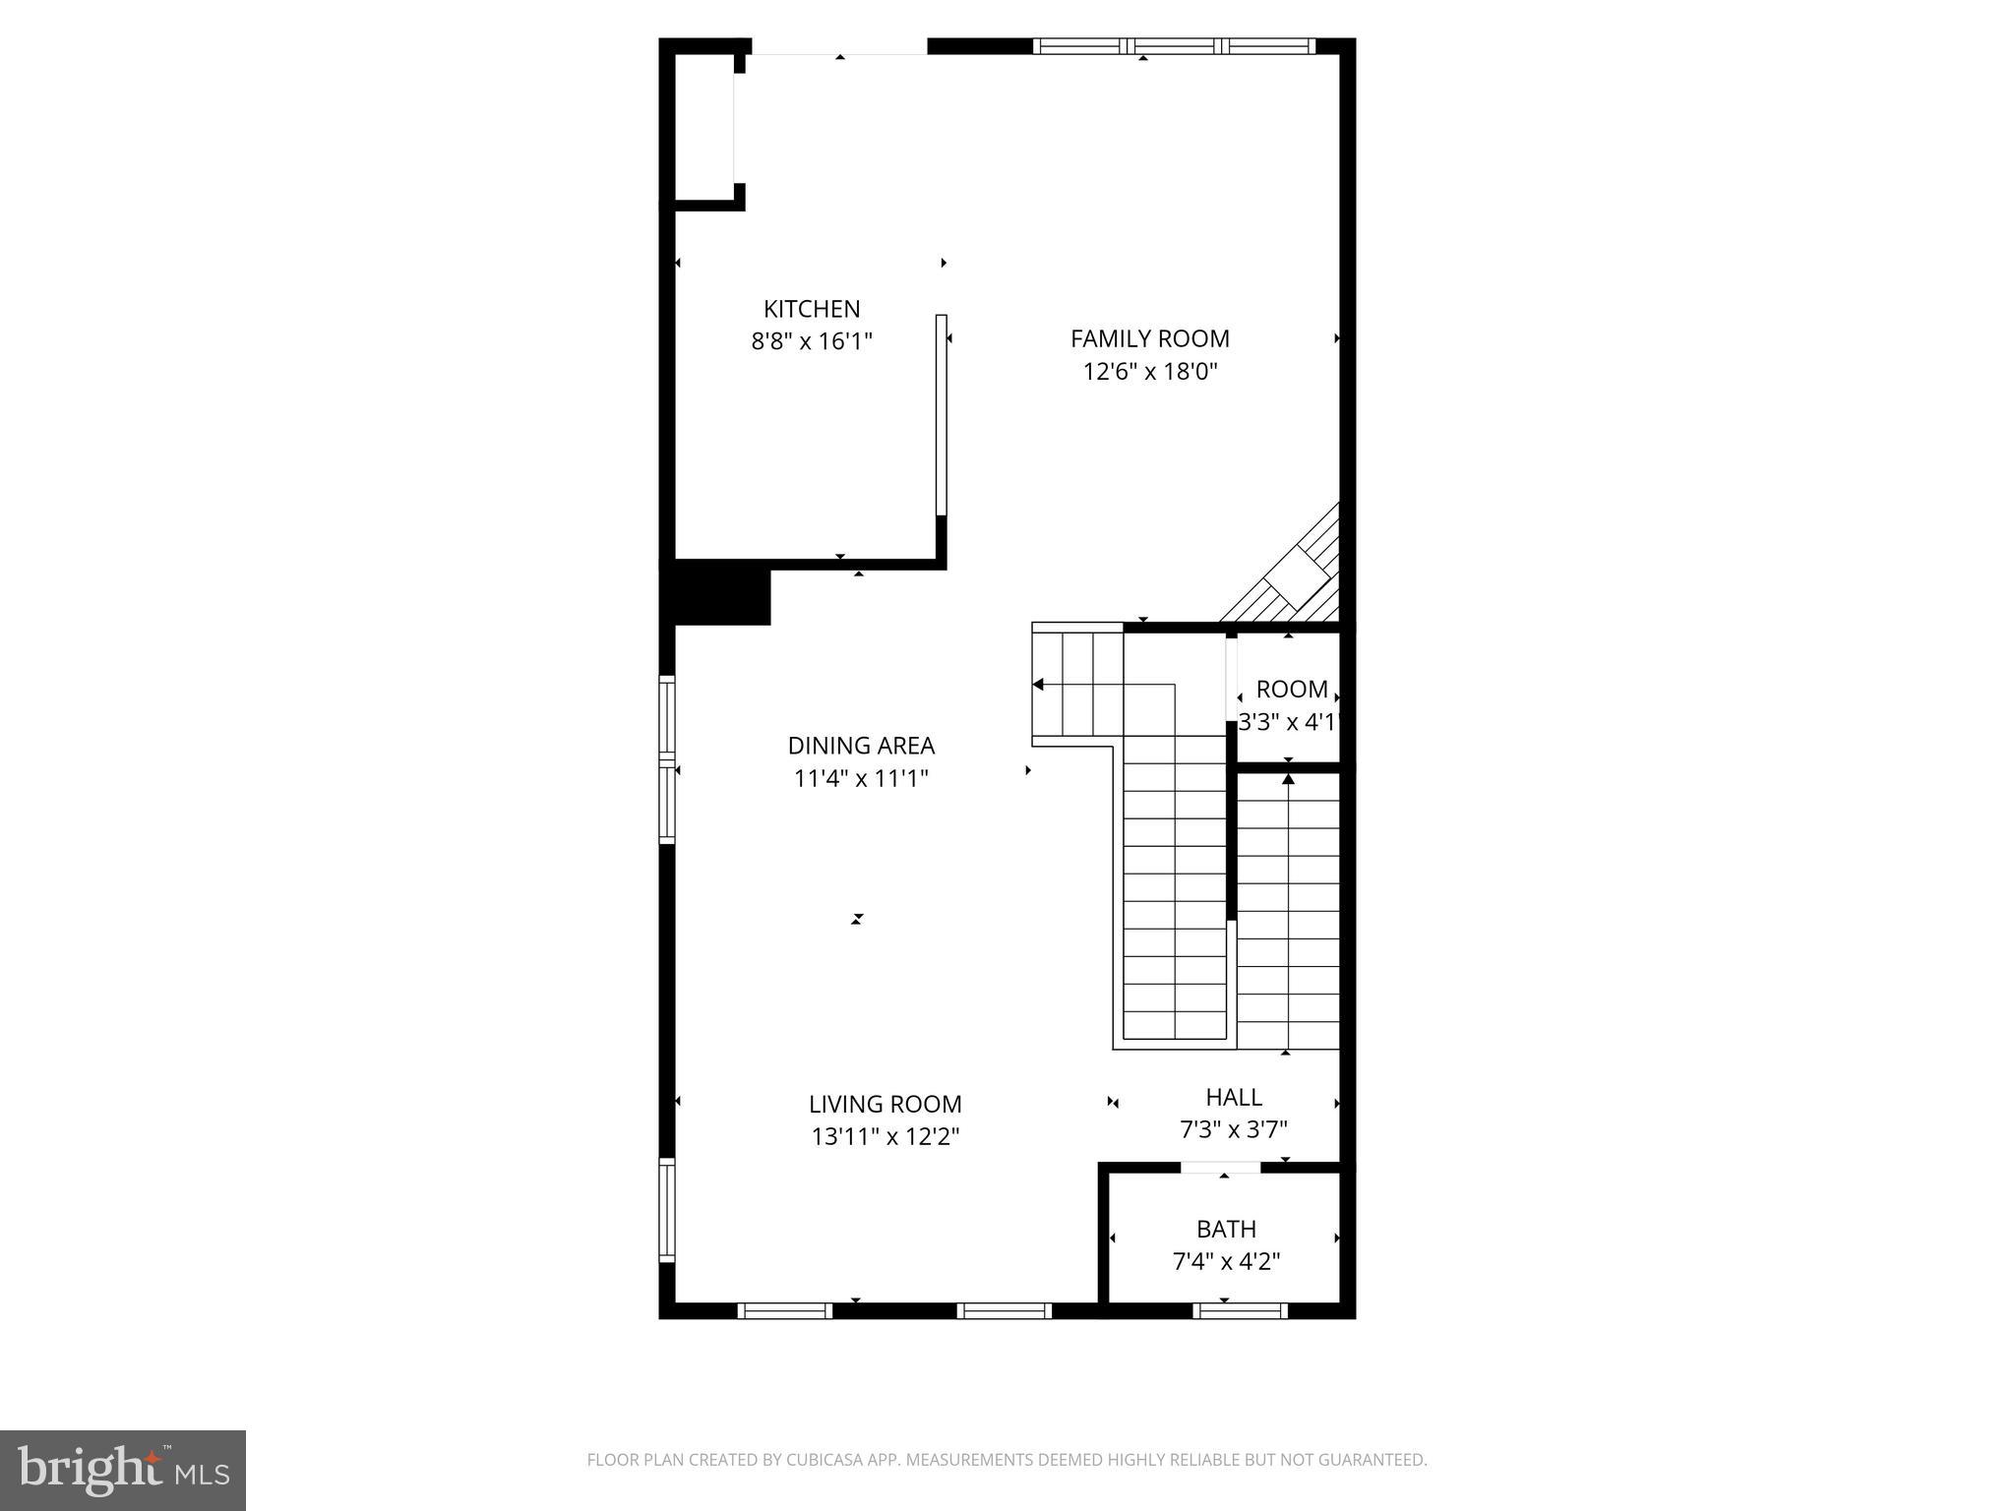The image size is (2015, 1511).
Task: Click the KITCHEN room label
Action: coord(812,309)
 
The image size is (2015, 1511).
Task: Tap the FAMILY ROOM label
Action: coord(1149,339)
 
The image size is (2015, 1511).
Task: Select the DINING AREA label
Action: coord(861,746)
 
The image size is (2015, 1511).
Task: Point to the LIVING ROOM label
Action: coord(885,1105)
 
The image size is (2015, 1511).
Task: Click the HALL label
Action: coord(1234,1097)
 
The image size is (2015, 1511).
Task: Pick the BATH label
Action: coord(1226,1229)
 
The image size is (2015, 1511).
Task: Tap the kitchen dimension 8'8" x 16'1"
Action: coord(812,341)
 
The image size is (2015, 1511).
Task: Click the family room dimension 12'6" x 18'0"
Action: coord(1149,372)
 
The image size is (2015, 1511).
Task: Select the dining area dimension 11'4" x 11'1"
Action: coord(861,779)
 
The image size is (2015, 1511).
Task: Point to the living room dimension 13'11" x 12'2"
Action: coord(885,1137)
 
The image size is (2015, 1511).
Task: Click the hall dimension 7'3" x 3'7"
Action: coord(1234,1129)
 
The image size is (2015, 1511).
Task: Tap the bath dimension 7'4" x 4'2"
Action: coord(1226,1261)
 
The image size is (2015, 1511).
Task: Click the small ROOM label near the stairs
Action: coord(1292,690)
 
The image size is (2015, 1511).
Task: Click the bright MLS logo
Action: coord(123,1470)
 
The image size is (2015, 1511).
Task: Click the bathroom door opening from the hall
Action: coord(1220,1168)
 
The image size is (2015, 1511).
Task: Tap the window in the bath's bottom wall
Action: coord(1240,1310)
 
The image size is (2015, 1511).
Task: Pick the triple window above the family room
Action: coord(1174,45)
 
